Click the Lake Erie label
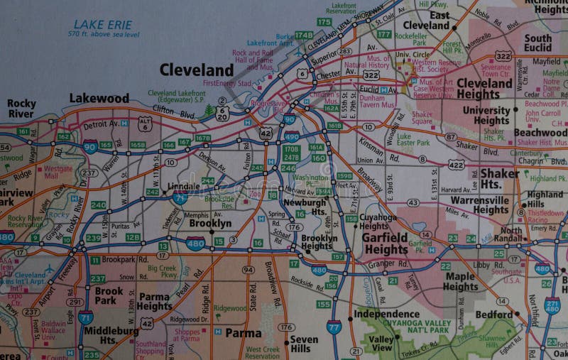(x=103, y=24)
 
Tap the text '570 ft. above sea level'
(x=104, y=34)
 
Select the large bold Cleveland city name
(x=196, y=70)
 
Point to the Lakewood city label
(x=99, y=99)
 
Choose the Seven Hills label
(x=304, y=344)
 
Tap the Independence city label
(x=386, y=313)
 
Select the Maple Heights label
(x=460, y=281)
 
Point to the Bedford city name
(x=494, y=314)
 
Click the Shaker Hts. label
(x=499, y=178)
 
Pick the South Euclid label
(x=537, y=43)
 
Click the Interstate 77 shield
(x=334, y=327)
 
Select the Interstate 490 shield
(x=292, y=136)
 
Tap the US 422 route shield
(x=456, y=165)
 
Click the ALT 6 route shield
(x=146, y=124)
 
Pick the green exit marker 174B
(x=304, y=35)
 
